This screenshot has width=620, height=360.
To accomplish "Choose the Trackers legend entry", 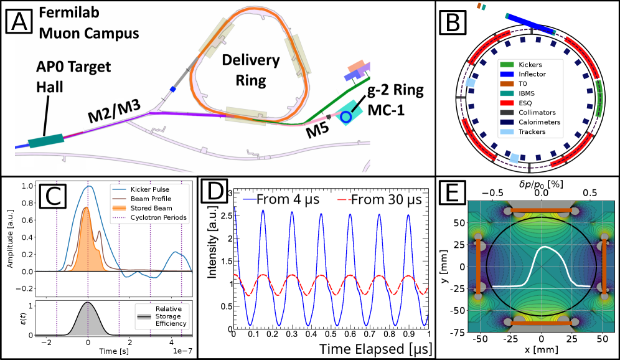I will click(x=532, y=131).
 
